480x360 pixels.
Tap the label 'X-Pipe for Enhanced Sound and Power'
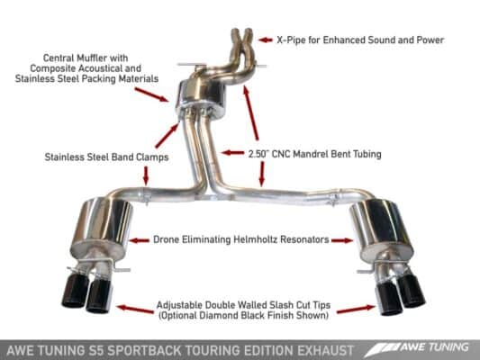(x=360, y=40)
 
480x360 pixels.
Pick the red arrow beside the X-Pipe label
(x=266, y=40)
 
